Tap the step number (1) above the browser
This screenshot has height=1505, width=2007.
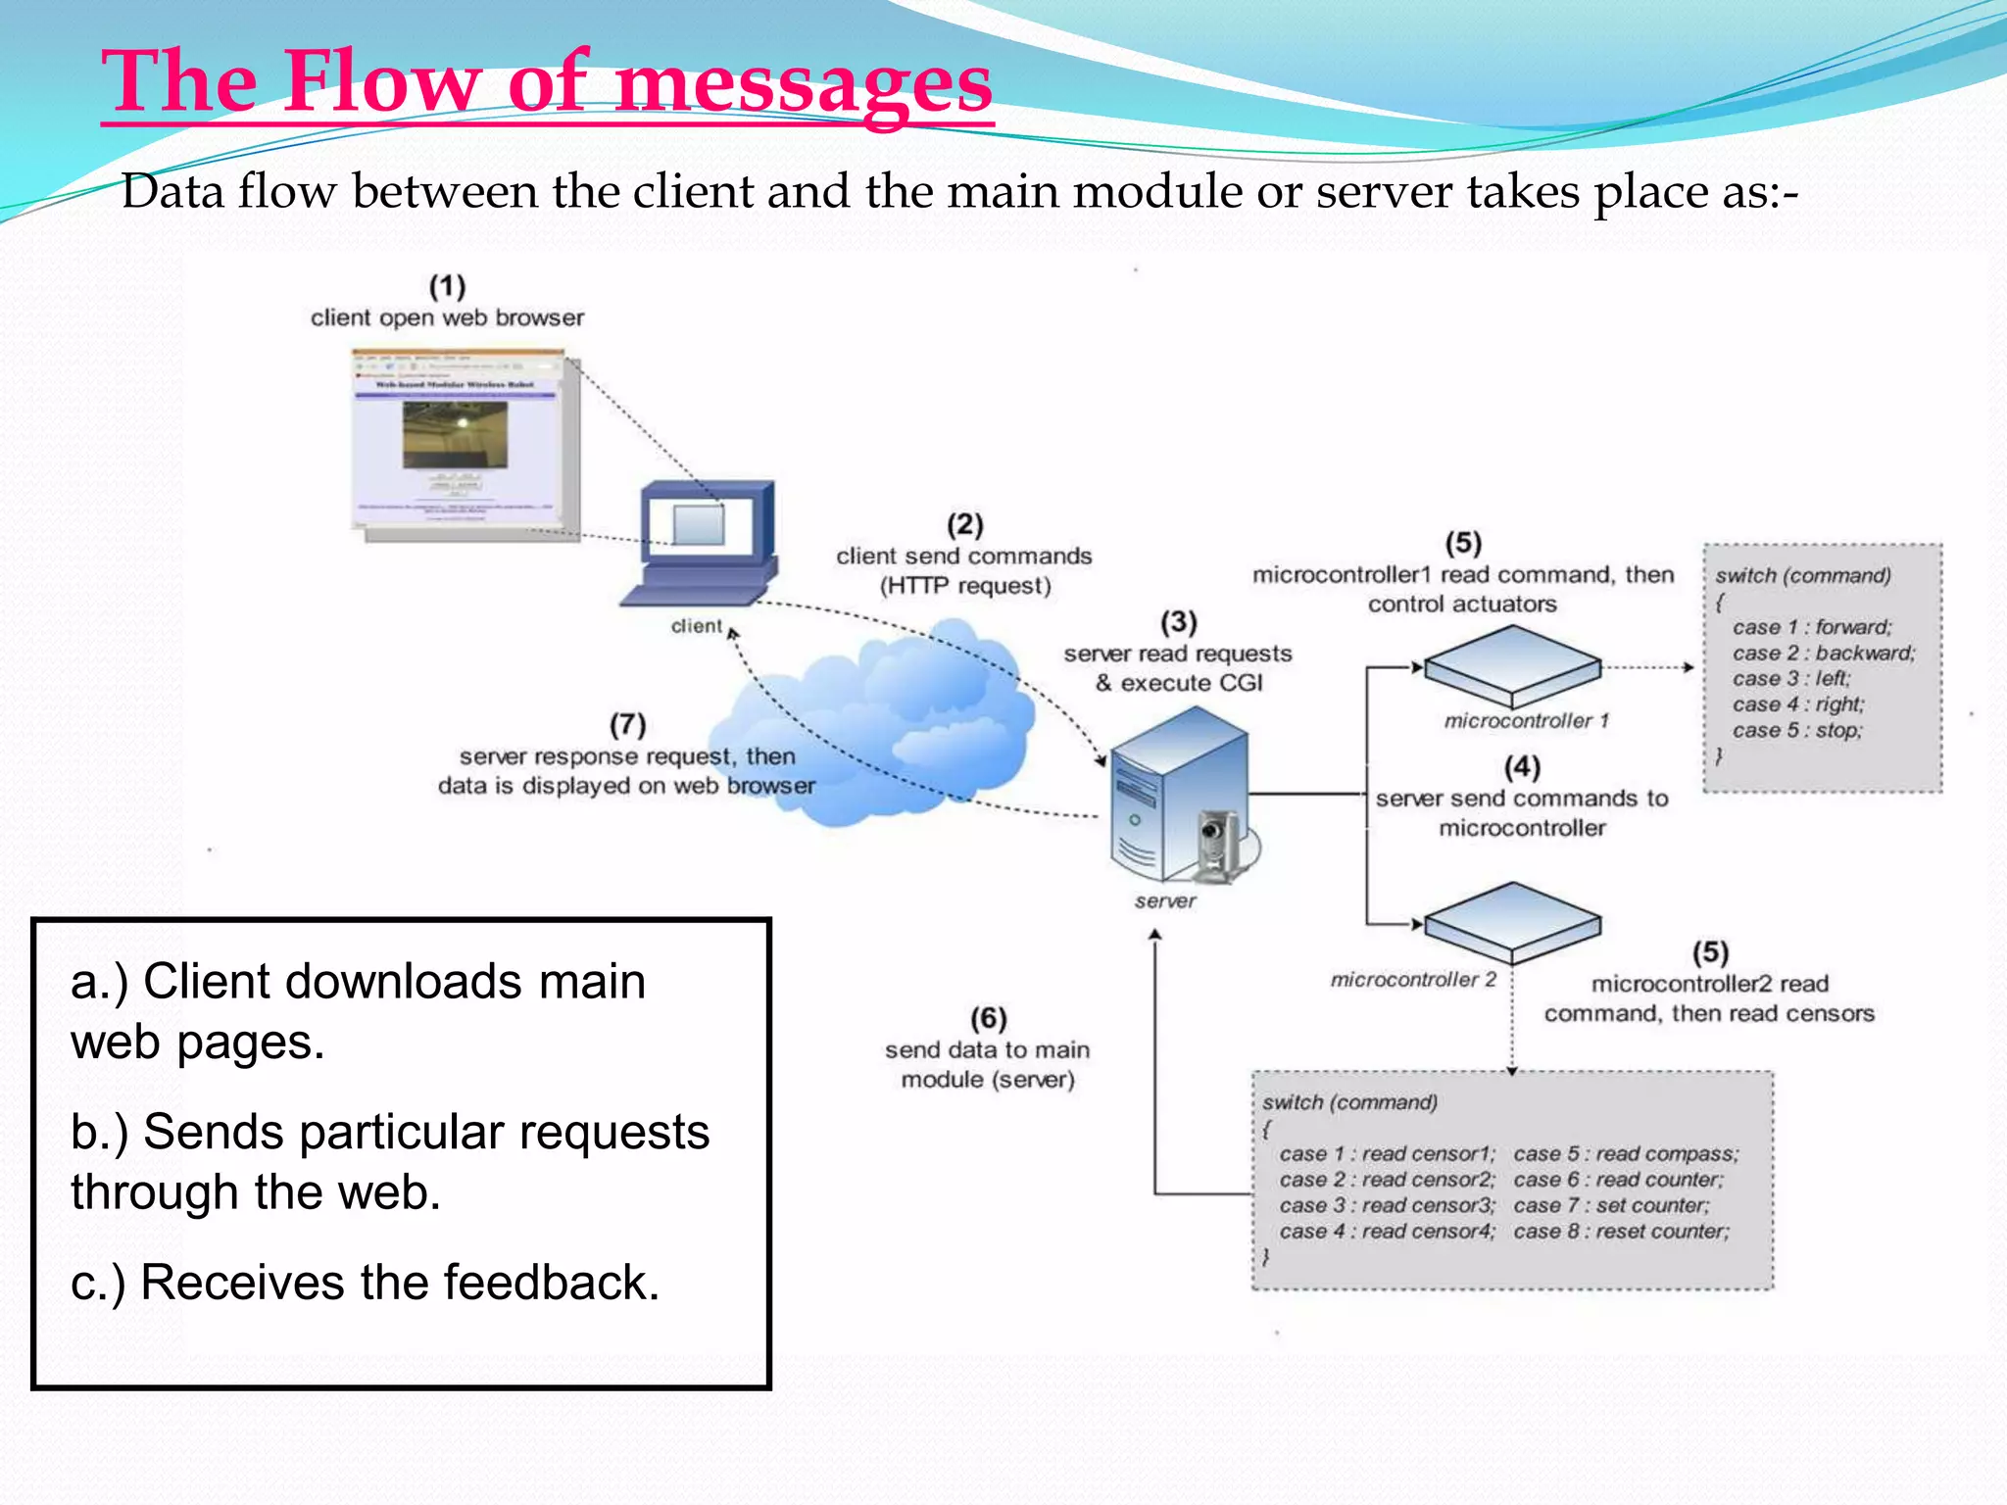click(447, 287)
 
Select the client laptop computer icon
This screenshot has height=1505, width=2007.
click(702, 544)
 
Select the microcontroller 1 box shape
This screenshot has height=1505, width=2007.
click(1512, 666)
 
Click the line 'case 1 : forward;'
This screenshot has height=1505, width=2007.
click(1812, 627)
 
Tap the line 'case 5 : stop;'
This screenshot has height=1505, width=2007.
click(1797, 730)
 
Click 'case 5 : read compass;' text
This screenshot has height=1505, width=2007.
click(1626, 1154)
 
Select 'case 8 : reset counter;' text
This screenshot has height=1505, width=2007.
click(1622, 1232)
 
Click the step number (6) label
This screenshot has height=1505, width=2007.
click(989, 1019)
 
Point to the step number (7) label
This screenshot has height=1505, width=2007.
click(628, 725)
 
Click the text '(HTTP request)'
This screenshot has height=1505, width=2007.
click(965, 586)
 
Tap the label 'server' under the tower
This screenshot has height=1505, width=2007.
click(1165, 901)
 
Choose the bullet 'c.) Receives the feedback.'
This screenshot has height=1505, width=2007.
click(366, 1283)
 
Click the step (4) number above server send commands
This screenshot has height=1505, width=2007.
click(1522, 767)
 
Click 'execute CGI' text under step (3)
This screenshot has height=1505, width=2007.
click(1191, 683)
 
